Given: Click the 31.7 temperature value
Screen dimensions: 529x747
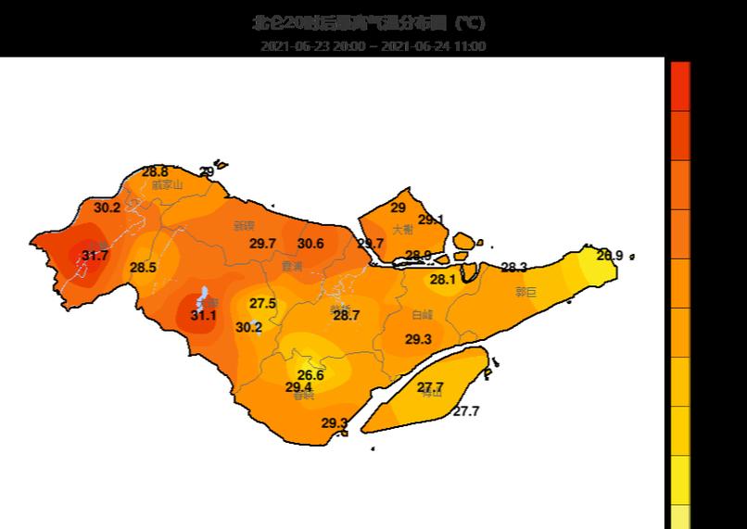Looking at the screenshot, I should (x=95, y=256).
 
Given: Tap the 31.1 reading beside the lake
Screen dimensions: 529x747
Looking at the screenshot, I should (x=203, y=316).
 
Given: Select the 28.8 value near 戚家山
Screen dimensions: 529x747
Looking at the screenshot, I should (x=155, y=172).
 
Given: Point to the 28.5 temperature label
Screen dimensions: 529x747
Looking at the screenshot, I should (x=143, y=268).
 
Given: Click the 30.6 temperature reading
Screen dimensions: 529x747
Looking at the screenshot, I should (x=310, y=244).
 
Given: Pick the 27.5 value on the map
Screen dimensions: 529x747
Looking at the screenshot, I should (x=262, y=303).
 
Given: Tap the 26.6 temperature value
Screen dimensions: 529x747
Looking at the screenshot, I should (x=310, y=375).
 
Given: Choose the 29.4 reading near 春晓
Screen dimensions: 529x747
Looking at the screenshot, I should (x=298, y=387).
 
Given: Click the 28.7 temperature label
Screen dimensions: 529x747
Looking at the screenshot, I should (x=346, y=315).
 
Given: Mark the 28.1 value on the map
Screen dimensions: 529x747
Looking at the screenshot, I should (x=442, y=280).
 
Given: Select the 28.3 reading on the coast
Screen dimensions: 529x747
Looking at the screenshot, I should (x=513, y=268).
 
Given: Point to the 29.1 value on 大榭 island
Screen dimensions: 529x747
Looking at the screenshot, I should (x=430, y=220).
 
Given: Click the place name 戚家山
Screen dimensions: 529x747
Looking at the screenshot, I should (x=167, y=184).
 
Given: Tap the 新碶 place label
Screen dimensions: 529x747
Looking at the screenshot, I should (x=244, y=225).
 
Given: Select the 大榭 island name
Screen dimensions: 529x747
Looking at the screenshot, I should (x=402, y=229).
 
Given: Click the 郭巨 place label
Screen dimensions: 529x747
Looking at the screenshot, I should (x=525, y=292).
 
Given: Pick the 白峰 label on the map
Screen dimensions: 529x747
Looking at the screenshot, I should (x=422, y=315).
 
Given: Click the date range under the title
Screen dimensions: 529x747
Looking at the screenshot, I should (x=373, y=46).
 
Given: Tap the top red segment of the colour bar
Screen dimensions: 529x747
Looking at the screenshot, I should (x=679, y=86).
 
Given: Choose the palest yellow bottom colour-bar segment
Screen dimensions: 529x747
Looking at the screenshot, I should (x=679, y=517).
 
